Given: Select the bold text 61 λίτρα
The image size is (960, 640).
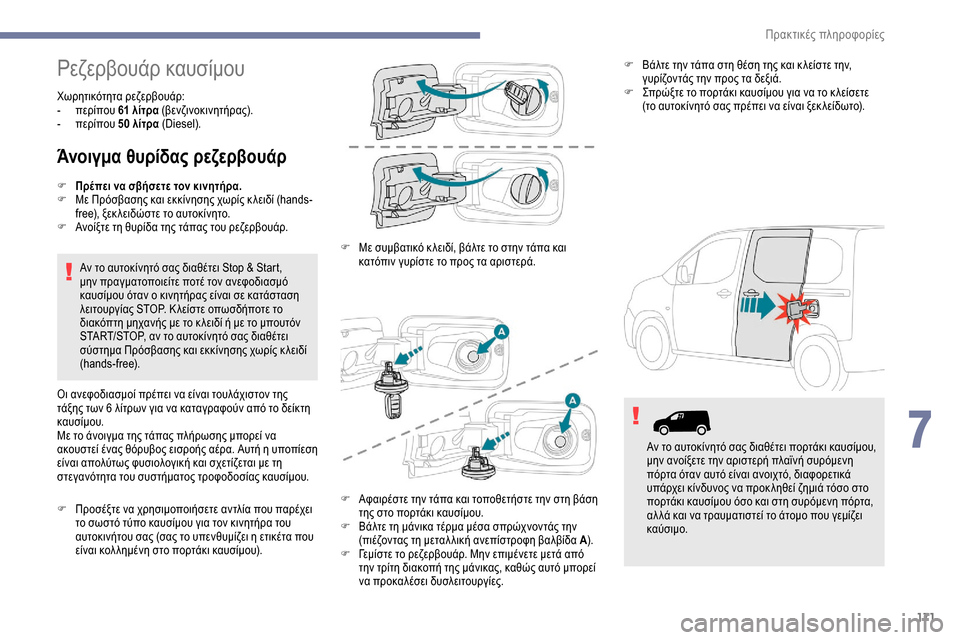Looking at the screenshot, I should click(137, 111).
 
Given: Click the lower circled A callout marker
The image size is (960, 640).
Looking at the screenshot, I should click(573, 400).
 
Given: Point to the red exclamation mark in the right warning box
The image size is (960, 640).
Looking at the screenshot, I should click(635, 419).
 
